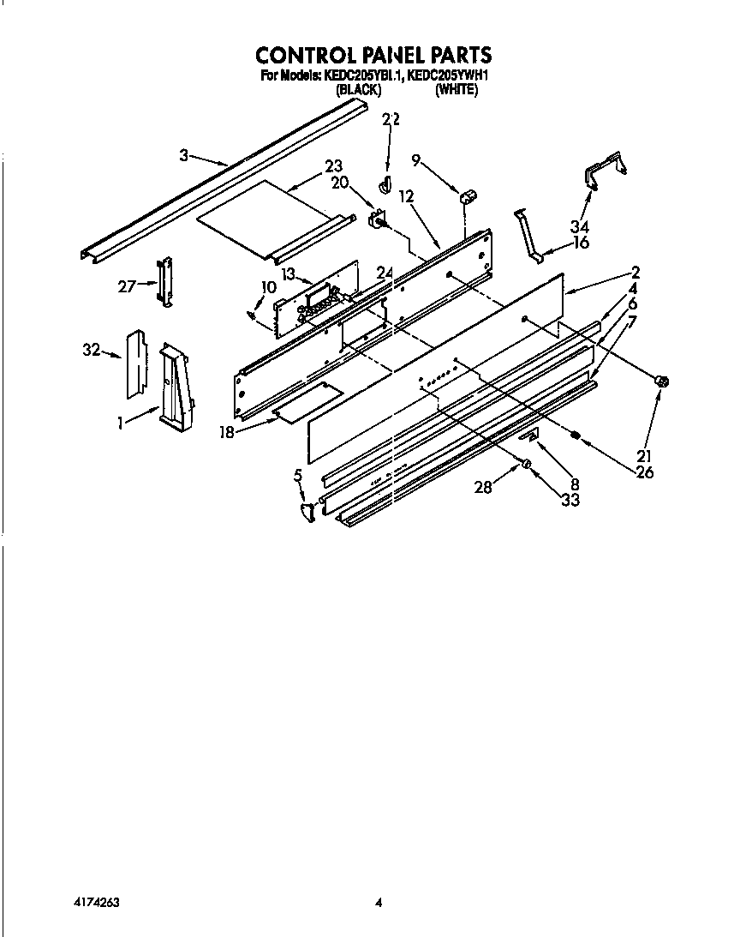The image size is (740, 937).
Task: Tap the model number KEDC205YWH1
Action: (448, 75)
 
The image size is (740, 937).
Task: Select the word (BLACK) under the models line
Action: (358, 89)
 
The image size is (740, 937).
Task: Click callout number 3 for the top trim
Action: (183, 155)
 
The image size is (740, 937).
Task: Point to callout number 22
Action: (391, 120)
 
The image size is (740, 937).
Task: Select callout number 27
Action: (127, 286)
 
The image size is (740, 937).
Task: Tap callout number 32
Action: (91, 350)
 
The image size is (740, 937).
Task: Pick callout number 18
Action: (226, 432)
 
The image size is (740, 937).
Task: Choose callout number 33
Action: (569, 499)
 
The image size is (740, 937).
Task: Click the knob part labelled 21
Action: (661, 382)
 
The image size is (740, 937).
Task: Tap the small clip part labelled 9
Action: (468, 197)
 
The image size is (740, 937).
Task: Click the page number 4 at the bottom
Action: (378, 902)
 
